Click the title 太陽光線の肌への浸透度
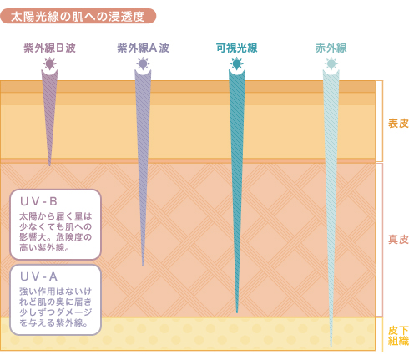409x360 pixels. (78, 17)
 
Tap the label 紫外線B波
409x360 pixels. (49, 48)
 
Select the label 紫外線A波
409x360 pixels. (143, 48)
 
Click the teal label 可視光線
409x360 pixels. (237, 48)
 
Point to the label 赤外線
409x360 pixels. (331, 48)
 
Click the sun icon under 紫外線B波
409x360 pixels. (50, 63)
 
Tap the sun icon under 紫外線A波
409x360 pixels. (143, 63)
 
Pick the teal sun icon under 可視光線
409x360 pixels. (237, 63)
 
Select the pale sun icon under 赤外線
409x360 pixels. (331, 63)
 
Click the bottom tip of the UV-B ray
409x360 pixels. (50, 165)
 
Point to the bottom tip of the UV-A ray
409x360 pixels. (143, 266)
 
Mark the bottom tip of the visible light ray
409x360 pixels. (237, 313)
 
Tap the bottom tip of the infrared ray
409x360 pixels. (331, 346)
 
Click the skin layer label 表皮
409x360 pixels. (398, 124)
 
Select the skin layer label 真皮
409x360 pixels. (398, 240)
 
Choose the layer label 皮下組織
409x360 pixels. (398, 336)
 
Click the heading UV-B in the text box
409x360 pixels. (38, 201)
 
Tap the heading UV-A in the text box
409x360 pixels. (38, 276)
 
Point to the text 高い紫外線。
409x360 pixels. (44, 247)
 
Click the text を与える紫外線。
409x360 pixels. (53, 322)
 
